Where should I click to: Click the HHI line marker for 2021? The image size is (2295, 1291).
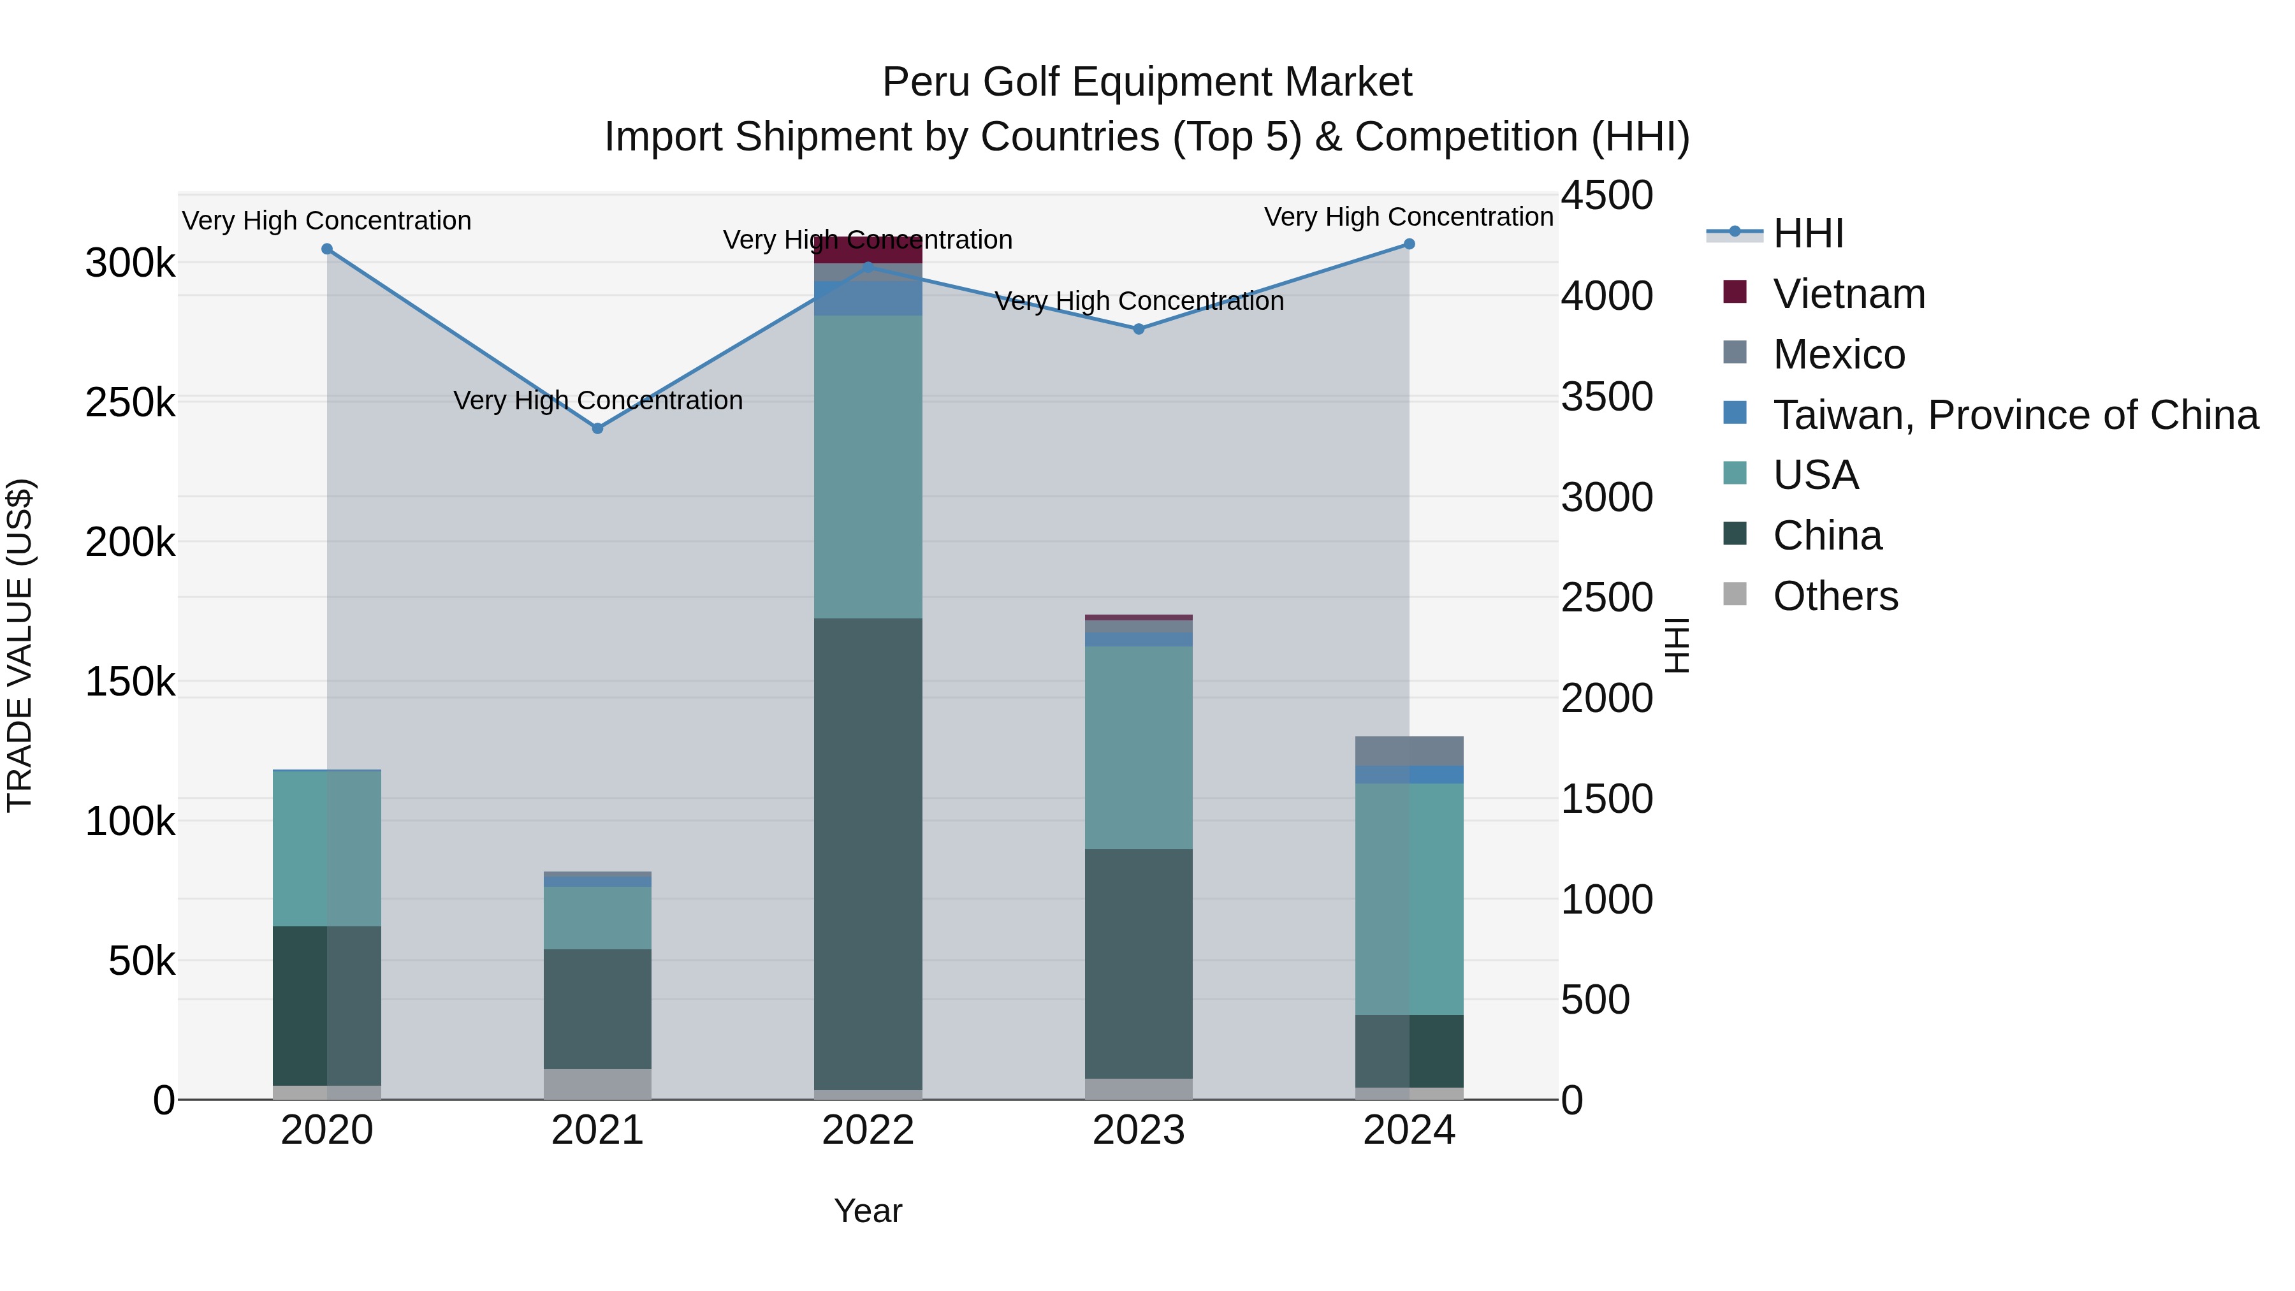(598, 428)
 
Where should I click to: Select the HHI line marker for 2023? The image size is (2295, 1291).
(1139, 329)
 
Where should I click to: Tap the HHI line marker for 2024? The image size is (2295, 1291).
(1408, 244)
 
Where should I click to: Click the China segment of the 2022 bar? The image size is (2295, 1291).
(868, 854)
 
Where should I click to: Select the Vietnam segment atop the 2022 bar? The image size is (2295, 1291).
(868, 251)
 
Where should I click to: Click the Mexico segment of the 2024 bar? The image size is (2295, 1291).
(1408, 751)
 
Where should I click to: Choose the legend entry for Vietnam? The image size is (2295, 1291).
(1849, 294)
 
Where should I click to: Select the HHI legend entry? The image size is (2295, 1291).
(1808, 233)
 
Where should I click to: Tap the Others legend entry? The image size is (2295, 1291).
(1835, 596)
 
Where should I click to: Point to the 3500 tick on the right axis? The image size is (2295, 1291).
(1606, 397)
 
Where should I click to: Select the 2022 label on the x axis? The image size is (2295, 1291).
(868, 1130)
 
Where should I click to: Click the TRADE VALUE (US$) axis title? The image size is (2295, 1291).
(20, 645)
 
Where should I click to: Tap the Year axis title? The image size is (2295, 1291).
(868, 1211)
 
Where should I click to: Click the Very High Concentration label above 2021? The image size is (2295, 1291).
(598, 400)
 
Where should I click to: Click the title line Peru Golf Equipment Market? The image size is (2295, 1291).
(1147, 82)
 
